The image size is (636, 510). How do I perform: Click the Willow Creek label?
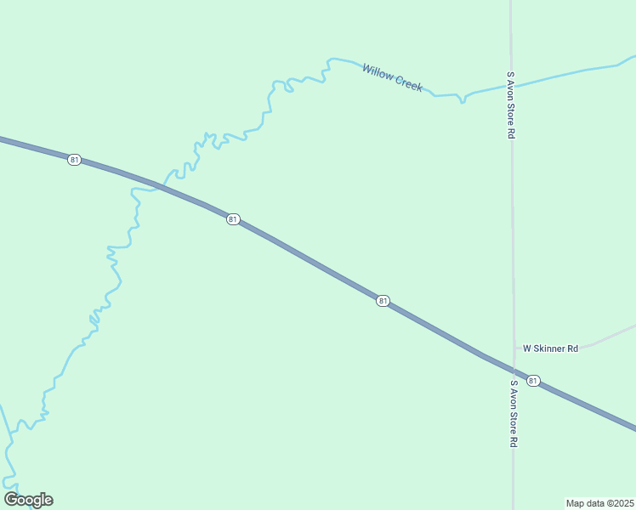(392, 77)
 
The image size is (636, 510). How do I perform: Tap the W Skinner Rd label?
(550, 348)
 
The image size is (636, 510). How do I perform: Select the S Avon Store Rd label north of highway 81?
(511, 105)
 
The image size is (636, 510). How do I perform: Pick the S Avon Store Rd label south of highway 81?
(513, 414)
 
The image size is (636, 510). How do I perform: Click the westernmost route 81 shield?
(75, 160)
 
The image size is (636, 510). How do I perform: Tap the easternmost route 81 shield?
(533, 380)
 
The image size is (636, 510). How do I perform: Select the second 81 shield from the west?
(233, 219)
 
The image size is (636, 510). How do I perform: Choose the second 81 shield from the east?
(383, 301)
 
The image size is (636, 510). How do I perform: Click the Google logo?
(28, 500)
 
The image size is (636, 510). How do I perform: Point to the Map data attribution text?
(599, 502)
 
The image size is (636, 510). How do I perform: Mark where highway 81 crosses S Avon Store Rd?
(513, 371)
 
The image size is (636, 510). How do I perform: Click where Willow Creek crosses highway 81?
(154, 185)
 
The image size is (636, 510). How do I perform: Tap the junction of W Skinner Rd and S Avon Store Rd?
(513, 348)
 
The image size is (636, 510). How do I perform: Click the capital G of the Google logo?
(10, 499)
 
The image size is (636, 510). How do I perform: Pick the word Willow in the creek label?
(378, 72)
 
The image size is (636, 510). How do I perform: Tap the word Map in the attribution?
(576, 502)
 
